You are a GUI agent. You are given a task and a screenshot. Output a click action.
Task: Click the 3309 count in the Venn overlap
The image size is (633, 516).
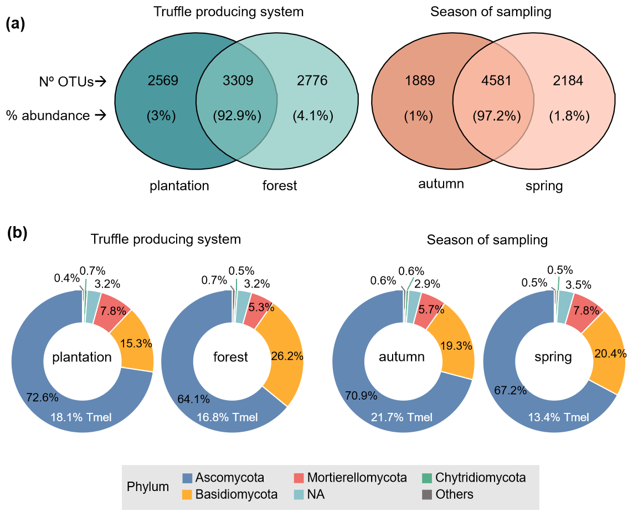[x=238, y=81]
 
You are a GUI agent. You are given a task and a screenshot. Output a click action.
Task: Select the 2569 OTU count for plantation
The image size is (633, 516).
[x=163, y=81]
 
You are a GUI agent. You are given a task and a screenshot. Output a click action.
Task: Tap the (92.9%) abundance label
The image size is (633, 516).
[x=238, y=116]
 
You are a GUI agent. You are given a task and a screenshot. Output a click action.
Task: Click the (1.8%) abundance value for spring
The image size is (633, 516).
[x=569, y=116]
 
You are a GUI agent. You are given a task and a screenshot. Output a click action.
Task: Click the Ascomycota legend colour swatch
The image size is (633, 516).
[x=188, y=478]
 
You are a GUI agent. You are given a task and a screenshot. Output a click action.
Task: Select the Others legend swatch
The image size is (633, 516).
[x=426, y=494]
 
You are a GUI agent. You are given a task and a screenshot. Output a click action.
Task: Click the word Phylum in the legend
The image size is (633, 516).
[x=148, y=487]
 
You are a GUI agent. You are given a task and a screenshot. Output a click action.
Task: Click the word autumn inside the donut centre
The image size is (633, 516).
[x=402, y=357]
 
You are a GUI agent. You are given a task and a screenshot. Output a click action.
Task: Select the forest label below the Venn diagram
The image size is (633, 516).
[x=280, y=185]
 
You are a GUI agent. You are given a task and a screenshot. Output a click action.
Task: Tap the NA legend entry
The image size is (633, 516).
[x=316, y=494]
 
